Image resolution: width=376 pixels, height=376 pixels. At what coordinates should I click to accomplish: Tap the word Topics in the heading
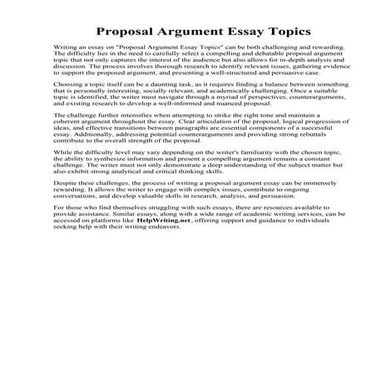[x=284, y=31]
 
